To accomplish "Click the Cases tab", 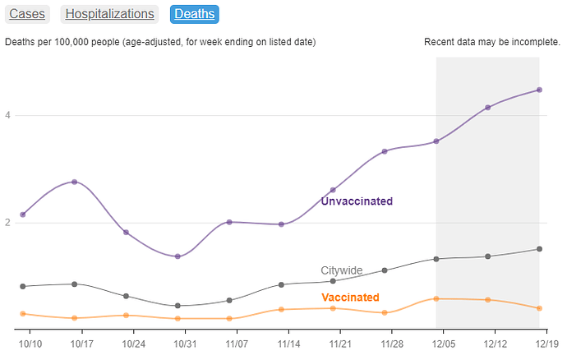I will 27,14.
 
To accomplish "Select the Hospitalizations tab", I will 109,14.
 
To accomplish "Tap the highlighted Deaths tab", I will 195,14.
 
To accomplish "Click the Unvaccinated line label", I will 357,201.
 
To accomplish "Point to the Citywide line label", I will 341,270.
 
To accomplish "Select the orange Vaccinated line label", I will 350,297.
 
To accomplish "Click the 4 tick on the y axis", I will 7,115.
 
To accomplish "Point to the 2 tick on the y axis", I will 7,223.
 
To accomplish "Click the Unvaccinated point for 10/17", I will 75,182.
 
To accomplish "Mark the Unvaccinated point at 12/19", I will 539,90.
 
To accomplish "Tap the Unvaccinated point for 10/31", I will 177,256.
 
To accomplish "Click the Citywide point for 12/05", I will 436,259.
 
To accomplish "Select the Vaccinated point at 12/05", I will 436,299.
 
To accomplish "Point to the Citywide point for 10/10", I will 23,286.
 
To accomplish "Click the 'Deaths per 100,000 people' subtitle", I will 160,42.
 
